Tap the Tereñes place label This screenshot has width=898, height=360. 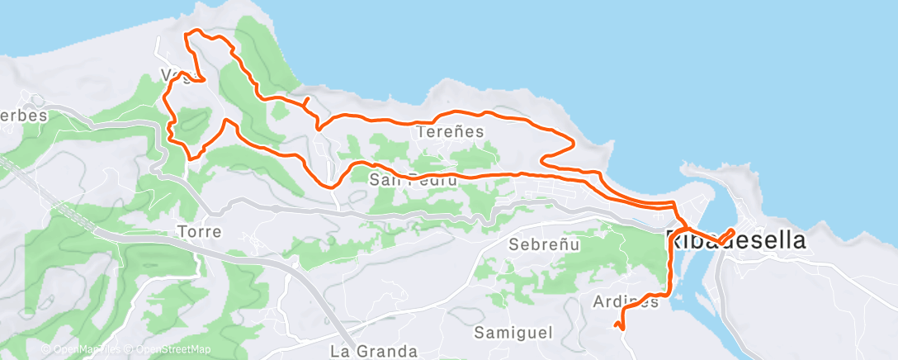pos(450,131)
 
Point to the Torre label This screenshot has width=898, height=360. pos(199,232)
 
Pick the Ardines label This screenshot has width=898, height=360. pos(626,301)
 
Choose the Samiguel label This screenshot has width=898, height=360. pos(512,332)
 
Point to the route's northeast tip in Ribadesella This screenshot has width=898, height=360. pos(733,229)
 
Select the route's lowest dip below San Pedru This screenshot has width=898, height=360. pos(333,186)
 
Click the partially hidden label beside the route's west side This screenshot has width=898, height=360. pos(172,76)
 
